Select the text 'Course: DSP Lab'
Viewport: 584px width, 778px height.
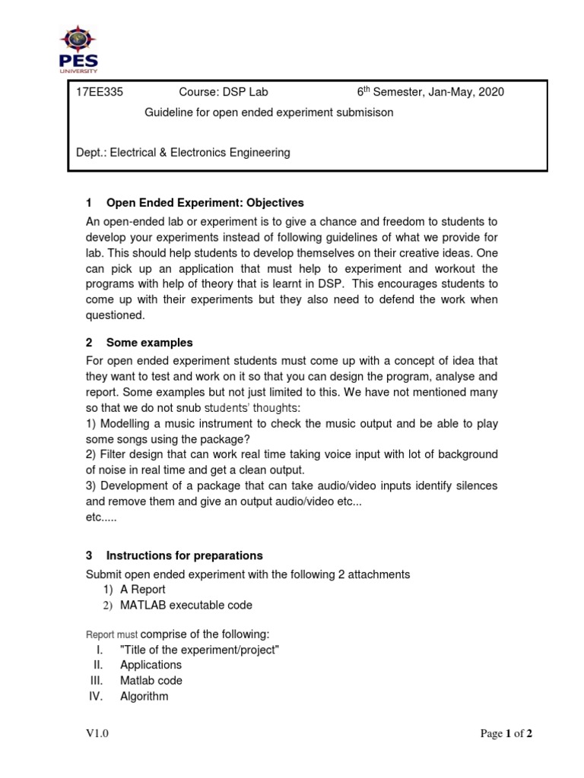[x=223, y=93]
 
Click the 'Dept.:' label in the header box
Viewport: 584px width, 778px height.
[x=91, y=153]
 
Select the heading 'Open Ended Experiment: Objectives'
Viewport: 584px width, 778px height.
[x=205, y=203]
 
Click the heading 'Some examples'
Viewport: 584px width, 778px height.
[x=149, y=343]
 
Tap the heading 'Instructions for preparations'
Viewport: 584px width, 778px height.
[x=184, y=555]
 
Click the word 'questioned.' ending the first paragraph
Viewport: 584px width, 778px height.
[x=115, y=315]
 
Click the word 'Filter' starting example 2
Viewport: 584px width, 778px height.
[x=115, y=454]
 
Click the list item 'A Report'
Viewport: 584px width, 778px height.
[x=142, y=590]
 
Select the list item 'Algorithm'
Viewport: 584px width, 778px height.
[x=144, y=696]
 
